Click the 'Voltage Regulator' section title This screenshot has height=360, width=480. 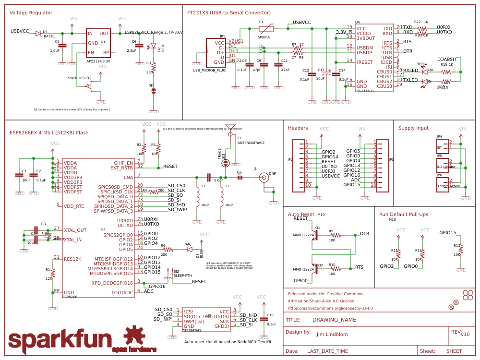31,12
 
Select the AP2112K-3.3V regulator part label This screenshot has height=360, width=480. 98,61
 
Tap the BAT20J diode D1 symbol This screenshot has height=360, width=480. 39,33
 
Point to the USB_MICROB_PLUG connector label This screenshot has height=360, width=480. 209,70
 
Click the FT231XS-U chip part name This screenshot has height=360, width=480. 364,91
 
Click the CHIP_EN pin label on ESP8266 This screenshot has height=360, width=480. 123,163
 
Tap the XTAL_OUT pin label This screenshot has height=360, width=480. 75,230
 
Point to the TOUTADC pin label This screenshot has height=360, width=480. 122,292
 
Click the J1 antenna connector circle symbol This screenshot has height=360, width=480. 264,178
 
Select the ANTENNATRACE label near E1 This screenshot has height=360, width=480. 251,143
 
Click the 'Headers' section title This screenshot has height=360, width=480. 298,128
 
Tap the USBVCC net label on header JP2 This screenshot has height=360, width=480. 331,176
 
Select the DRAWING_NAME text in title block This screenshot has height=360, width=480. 334,320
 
